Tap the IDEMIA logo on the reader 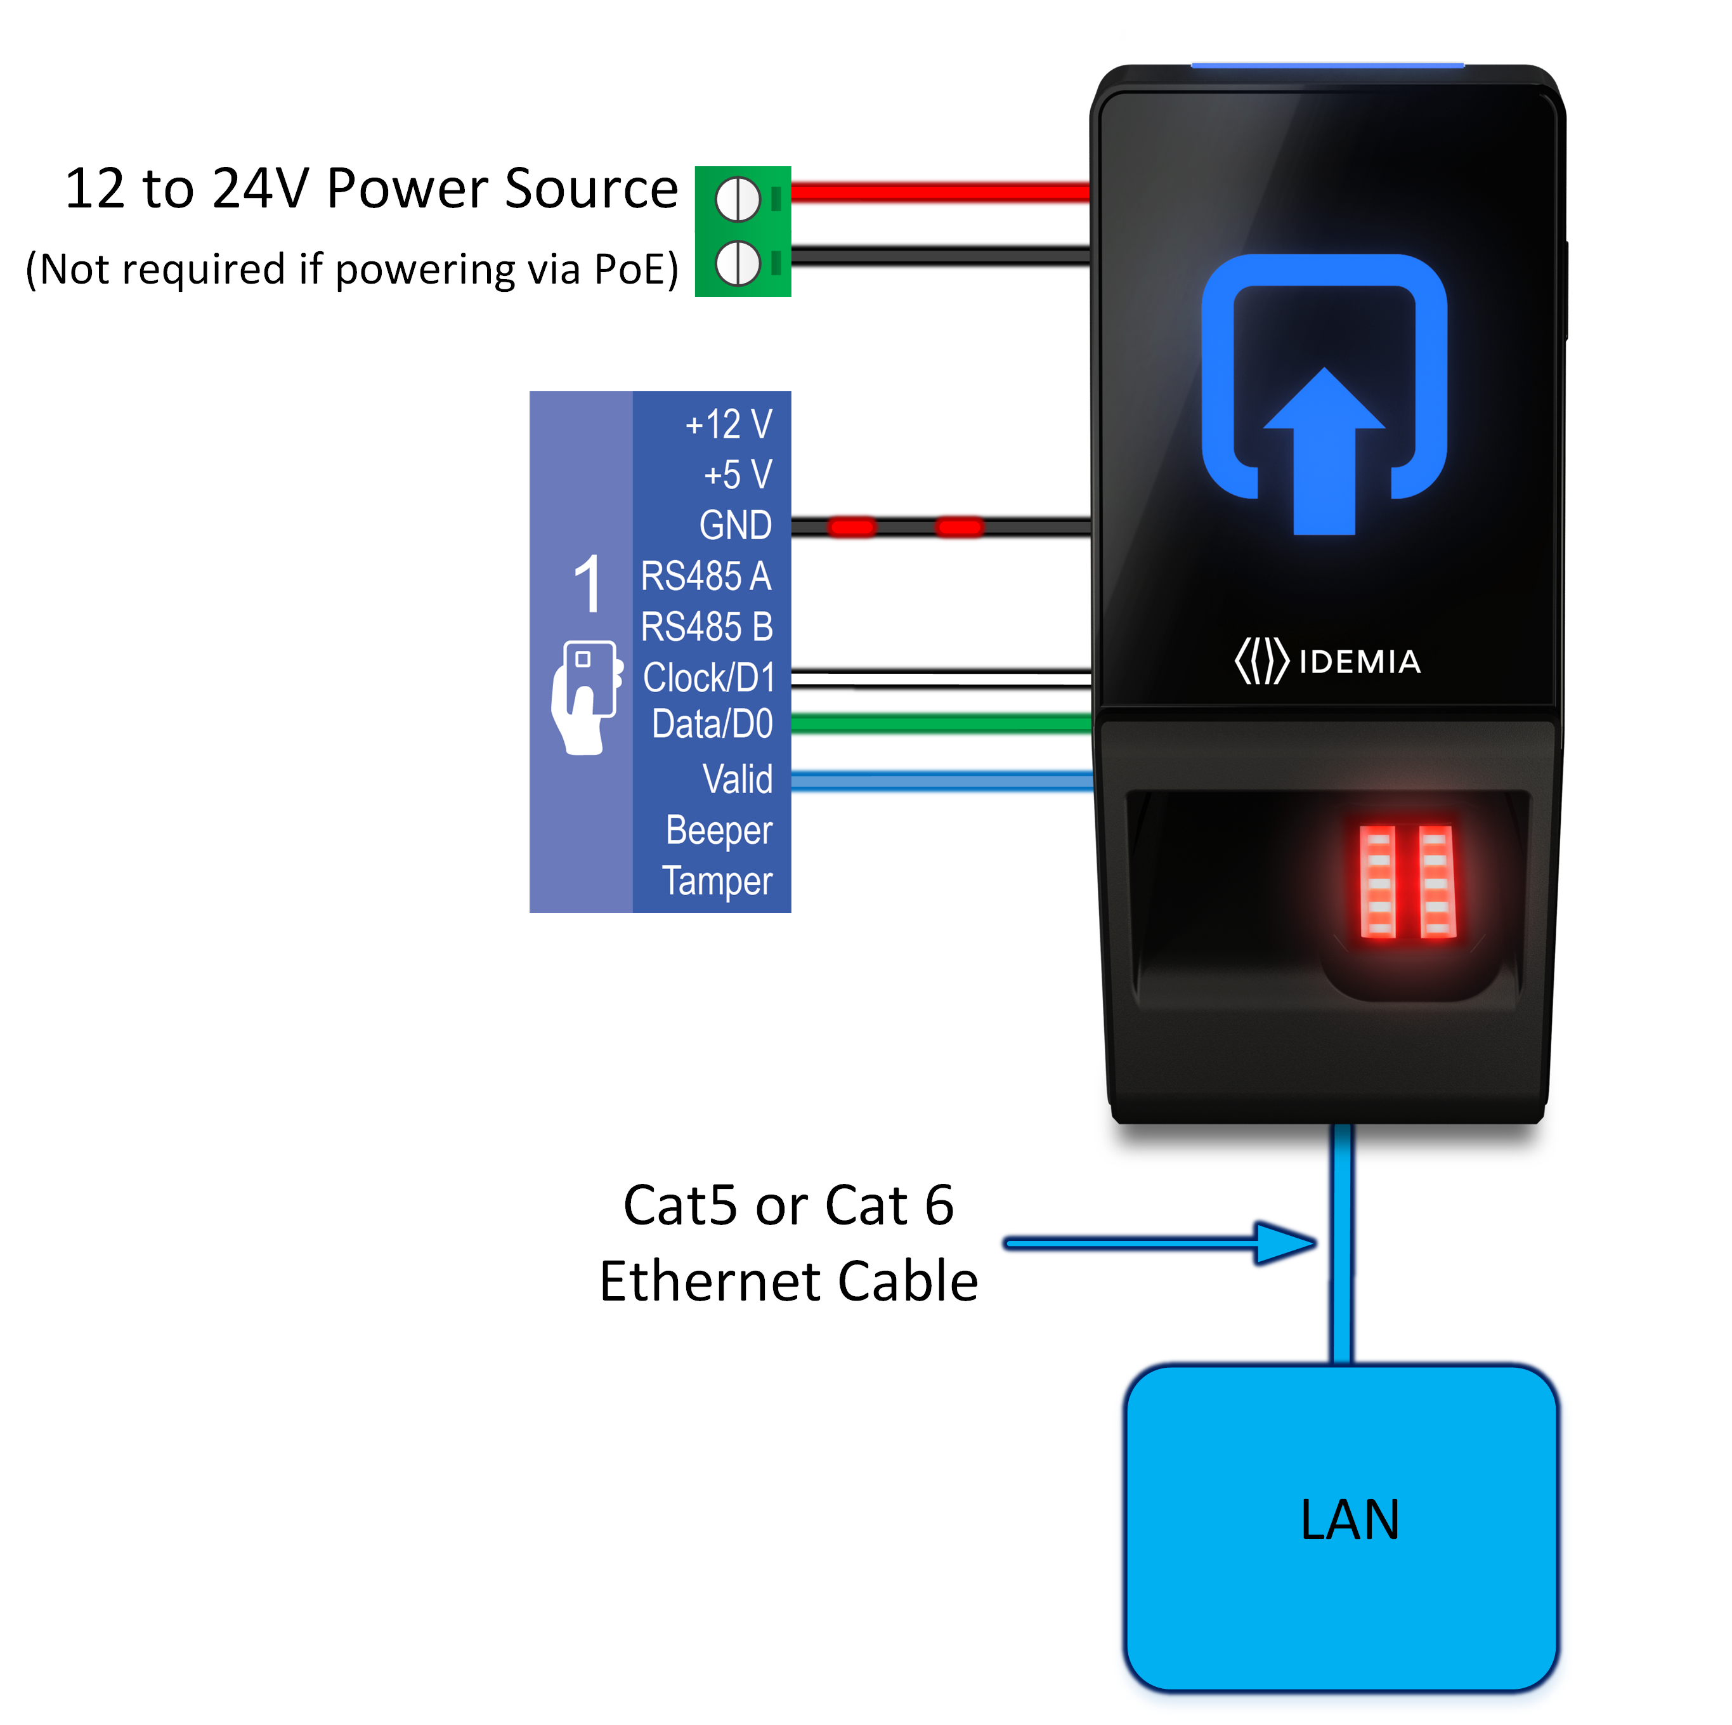(1327, 661)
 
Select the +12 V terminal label (728, 424)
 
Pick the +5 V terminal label (737, 475)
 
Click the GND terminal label (735, 525)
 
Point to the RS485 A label (705, 575)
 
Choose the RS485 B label (706, 626)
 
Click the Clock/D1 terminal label (708, 677)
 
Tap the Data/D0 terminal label (712, 723)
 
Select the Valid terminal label (737, 778)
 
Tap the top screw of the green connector (737, 199)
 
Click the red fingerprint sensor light (1407, 881)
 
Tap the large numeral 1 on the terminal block (587, 584)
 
